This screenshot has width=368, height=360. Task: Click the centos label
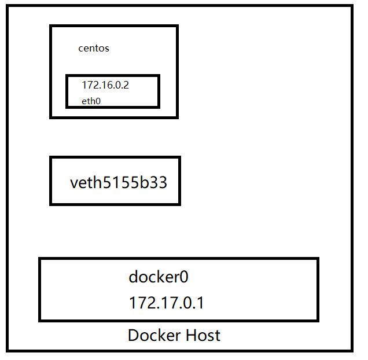pyautogui.click(x=94, y=49)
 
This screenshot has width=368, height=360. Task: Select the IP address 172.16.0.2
pyautogui.click(x=105, y=85)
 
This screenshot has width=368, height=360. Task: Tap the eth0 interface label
pyautogui.click(x=92, y=101)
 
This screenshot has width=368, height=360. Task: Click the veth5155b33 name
pyautogui.click(x=119, y=183)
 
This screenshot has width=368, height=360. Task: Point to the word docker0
pyautogui.click(x=159, y=277)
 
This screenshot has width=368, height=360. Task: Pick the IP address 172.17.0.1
pyautogui.click(x=166, y=303)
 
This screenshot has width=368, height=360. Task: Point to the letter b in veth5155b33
pyautogui.click(x=145, y=183)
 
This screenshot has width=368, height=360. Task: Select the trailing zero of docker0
pyautogui.click(x=184, y=277)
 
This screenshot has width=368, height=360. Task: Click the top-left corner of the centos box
pyautogui.click(x=51, y=26)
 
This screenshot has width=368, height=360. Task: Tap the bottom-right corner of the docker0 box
pyautogui.click(x=318, y=320)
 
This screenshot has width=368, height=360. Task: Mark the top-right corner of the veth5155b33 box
pyautogui.click(x=179, y=157)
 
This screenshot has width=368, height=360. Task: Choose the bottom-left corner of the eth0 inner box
pyautogui.click(x=67, y=106)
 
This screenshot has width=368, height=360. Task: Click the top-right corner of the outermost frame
pyautogui.click(x=352, y=6)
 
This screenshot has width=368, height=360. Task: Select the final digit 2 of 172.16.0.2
pyautogui.click(x=126, y=85)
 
